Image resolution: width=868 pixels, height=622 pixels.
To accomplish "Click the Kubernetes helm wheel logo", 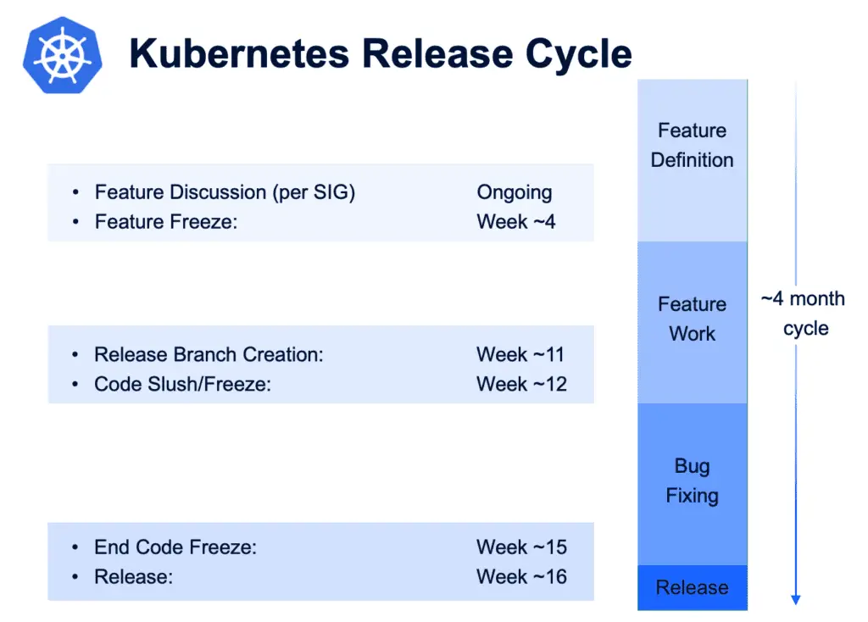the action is [x=63, y=55].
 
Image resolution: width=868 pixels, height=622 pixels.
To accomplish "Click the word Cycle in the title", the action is [x=578, y=54].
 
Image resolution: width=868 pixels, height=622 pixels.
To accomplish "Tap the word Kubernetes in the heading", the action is [x=239, y=53].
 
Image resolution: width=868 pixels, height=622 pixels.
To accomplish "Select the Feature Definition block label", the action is [x=692, y=145].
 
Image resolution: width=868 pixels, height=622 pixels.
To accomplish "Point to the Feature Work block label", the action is [x=692, y=319].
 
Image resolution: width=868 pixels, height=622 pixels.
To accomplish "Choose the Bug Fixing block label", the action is [x=692, y=480].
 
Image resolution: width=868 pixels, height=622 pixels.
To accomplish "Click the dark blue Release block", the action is [x=692, y=587].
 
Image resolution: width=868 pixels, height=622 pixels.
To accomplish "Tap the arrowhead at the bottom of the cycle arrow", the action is [x=795, y=600].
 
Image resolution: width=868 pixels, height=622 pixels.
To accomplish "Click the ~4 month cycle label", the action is [x=804, y=314].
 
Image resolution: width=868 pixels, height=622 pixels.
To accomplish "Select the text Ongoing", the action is [x=515, y=192].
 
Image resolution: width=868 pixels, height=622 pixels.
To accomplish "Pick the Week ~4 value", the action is [x=516, y=222].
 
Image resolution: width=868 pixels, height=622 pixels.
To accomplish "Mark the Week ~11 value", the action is [x=520, y=355].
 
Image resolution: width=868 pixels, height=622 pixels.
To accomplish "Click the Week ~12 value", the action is [x=521, y=384].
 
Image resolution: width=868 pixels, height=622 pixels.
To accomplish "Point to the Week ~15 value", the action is [x=521, y=547].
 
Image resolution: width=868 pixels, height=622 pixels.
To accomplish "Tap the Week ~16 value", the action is [x=521, y=576].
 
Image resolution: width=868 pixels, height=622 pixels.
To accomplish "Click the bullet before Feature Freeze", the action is [x=75, y=222].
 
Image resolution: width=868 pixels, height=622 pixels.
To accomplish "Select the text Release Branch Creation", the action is [x=209, y=355].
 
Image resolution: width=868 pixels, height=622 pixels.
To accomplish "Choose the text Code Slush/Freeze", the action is [x=183, y=384].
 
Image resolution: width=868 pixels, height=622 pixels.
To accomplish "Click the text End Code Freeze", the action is [x=175, y=547].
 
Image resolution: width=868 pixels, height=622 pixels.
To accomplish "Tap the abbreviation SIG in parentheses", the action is [x=331, y=192].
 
